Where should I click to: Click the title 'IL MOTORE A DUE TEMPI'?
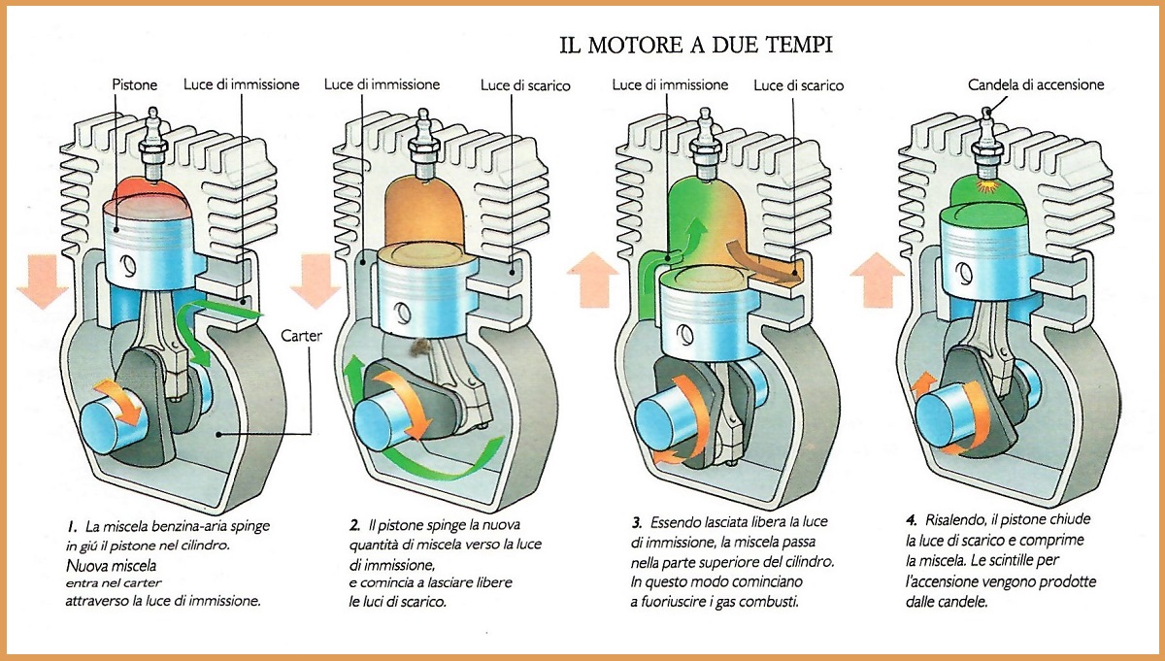695,45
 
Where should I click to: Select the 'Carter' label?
302,336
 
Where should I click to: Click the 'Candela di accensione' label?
1036,84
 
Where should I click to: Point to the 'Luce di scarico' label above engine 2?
525,85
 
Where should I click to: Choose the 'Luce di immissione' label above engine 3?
670,84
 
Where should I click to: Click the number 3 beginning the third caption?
626,525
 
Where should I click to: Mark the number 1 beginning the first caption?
72,525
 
